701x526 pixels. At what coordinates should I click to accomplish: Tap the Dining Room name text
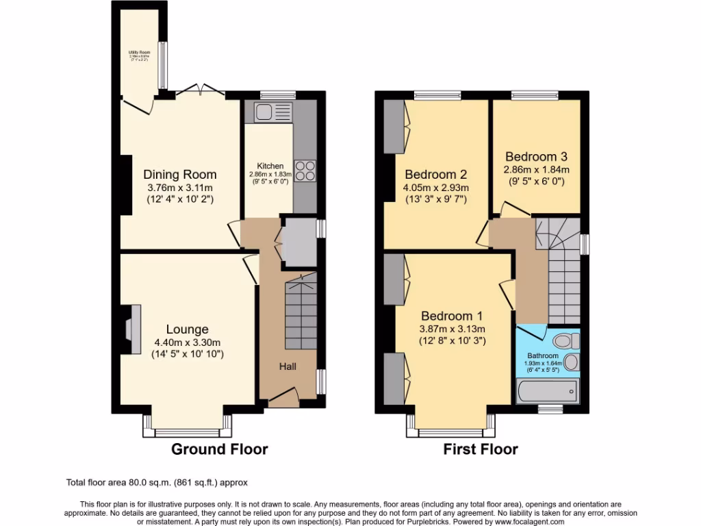pos(179,175)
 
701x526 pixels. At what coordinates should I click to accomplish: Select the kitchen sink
pos(272,112)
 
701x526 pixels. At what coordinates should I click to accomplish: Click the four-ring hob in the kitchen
pos(305,171)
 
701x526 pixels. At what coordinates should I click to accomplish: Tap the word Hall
pos(288,367)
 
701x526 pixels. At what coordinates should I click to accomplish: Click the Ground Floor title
pos(219,449)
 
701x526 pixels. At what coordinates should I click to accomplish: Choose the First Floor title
pos(481,449)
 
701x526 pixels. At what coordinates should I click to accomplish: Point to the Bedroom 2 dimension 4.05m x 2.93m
pos(436,187)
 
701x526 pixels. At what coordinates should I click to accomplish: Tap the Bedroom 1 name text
pos(451,316)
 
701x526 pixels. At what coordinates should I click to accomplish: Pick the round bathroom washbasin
pos(572,362)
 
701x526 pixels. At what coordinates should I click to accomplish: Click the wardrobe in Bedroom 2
pos(396,127)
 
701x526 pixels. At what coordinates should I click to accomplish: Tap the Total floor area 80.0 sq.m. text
pos(151,481)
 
